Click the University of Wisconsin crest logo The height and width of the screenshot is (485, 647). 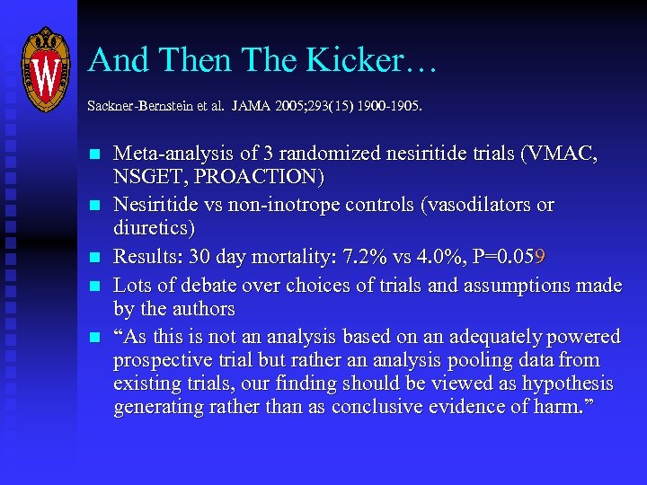pyautogui.click(x=46, y=69)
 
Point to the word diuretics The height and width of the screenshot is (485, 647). pyautogui.click(x=154, y=228)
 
